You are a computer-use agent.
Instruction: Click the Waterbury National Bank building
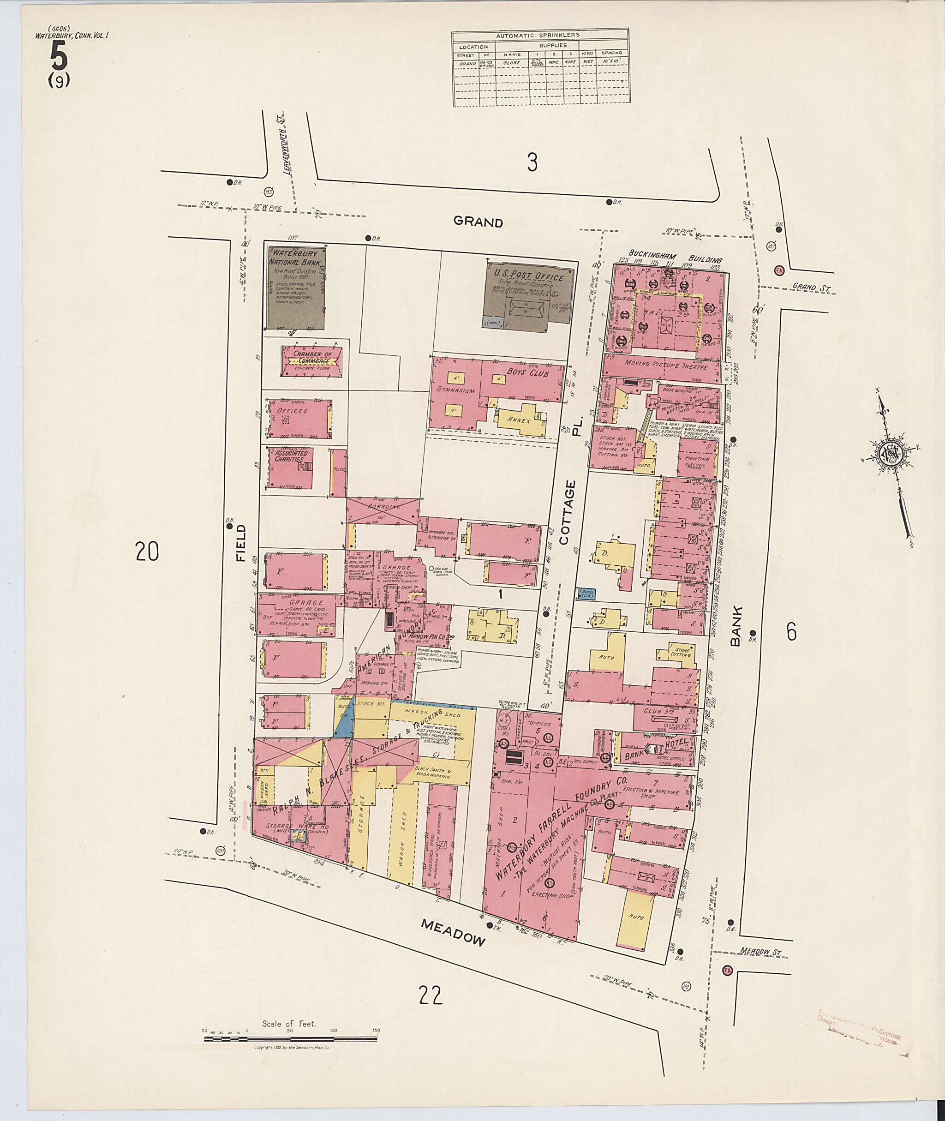tap(296, 288)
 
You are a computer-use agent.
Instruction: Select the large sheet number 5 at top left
tap(59, 56)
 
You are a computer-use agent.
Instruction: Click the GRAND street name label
tap(478, 222)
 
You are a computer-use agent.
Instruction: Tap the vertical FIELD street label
tap(240, 543)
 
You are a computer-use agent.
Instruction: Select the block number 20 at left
tap(147, 552)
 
